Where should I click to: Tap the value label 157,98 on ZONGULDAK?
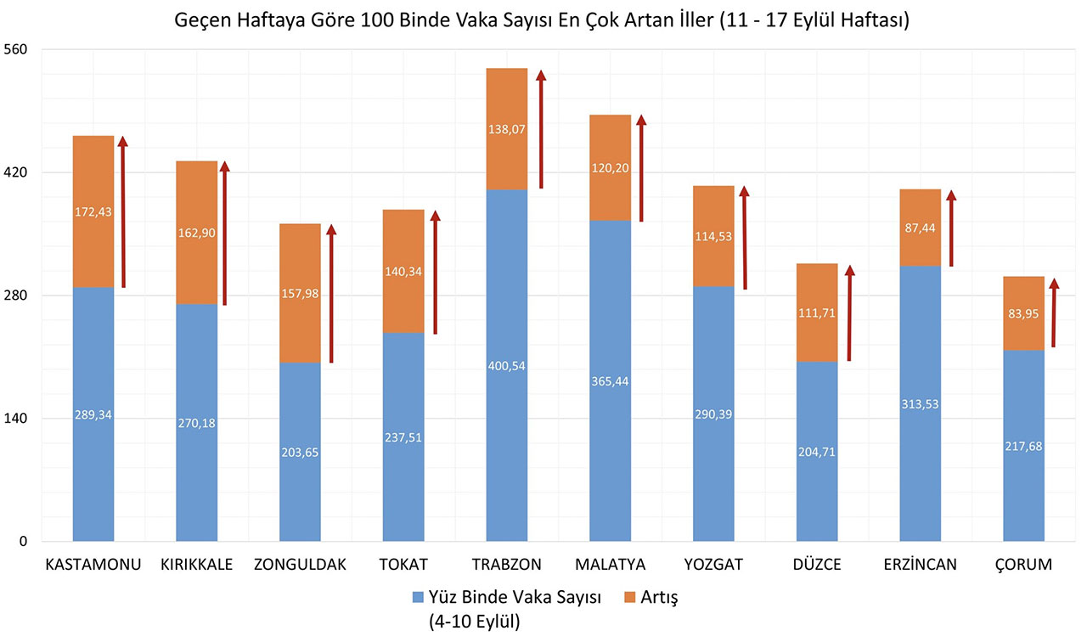pos(300,293)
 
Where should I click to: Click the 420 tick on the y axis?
pos(17,172)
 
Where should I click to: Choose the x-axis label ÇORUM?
pos(1023,565)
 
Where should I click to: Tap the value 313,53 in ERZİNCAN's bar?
pos(921,404)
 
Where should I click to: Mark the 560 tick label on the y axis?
pos(17,49)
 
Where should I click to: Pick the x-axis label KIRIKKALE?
pos(196,565)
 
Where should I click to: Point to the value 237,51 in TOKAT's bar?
pos(403,437)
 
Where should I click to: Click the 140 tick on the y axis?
pos(17,419)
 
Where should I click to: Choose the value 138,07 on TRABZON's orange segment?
pos(507,130)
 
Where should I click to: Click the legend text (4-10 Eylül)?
pos(475,621)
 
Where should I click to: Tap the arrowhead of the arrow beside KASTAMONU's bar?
pos(123,142)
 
